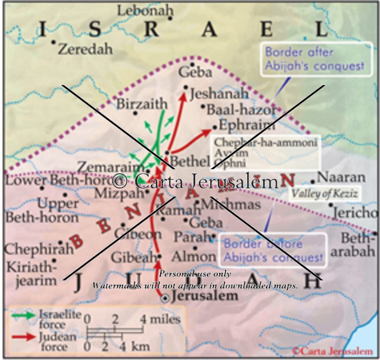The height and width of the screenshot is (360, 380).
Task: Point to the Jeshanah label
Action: pos(219,94)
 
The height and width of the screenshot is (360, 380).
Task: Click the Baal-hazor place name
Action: pos(241,109)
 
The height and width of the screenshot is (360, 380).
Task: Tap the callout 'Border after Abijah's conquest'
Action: pos(316,59)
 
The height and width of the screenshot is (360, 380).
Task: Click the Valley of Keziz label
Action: pos(324,193)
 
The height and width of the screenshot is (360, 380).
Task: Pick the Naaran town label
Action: pos(341,177)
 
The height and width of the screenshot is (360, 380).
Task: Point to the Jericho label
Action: pos(355,212)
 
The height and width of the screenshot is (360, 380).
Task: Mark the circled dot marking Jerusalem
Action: pos(166,298)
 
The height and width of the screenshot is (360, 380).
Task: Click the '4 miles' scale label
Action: pos(160,319)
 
